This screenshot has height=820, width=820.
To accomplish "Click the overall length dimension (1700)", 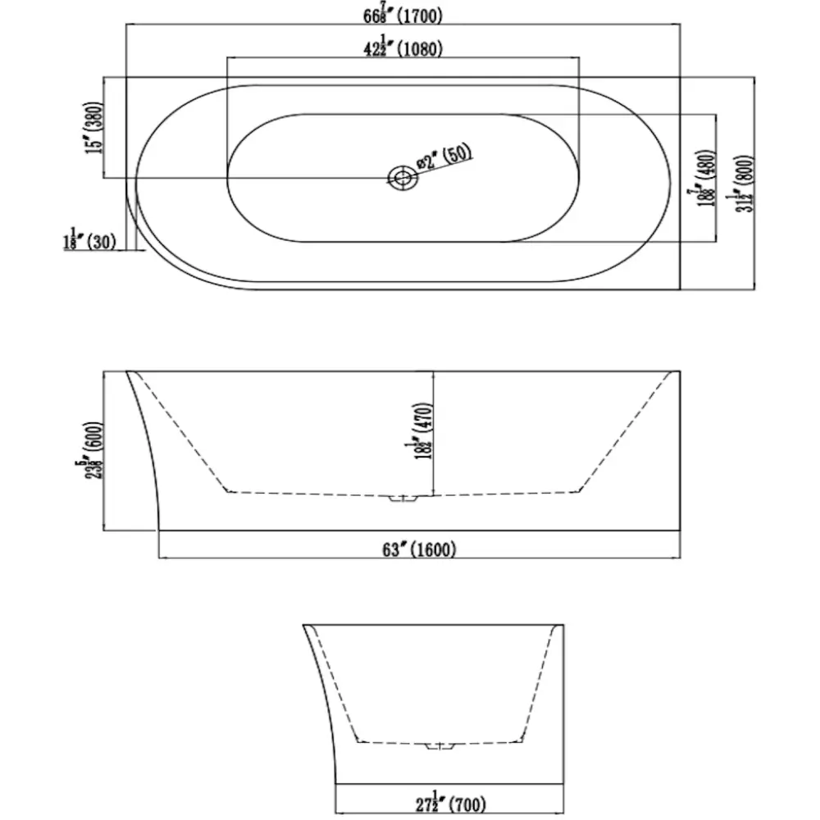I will pyautogui.click(x=403, y=14).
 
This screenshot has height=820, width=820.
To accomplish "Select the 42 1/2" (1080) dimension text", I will pyautogui.click(x=403, y=48).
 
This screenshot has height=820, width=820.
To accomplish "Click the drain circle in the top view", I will pyautogui.click(x=402, y=176).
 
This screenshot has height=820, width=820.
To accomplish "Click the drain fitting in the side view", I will pyautogui.click(x=402, y=498).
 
